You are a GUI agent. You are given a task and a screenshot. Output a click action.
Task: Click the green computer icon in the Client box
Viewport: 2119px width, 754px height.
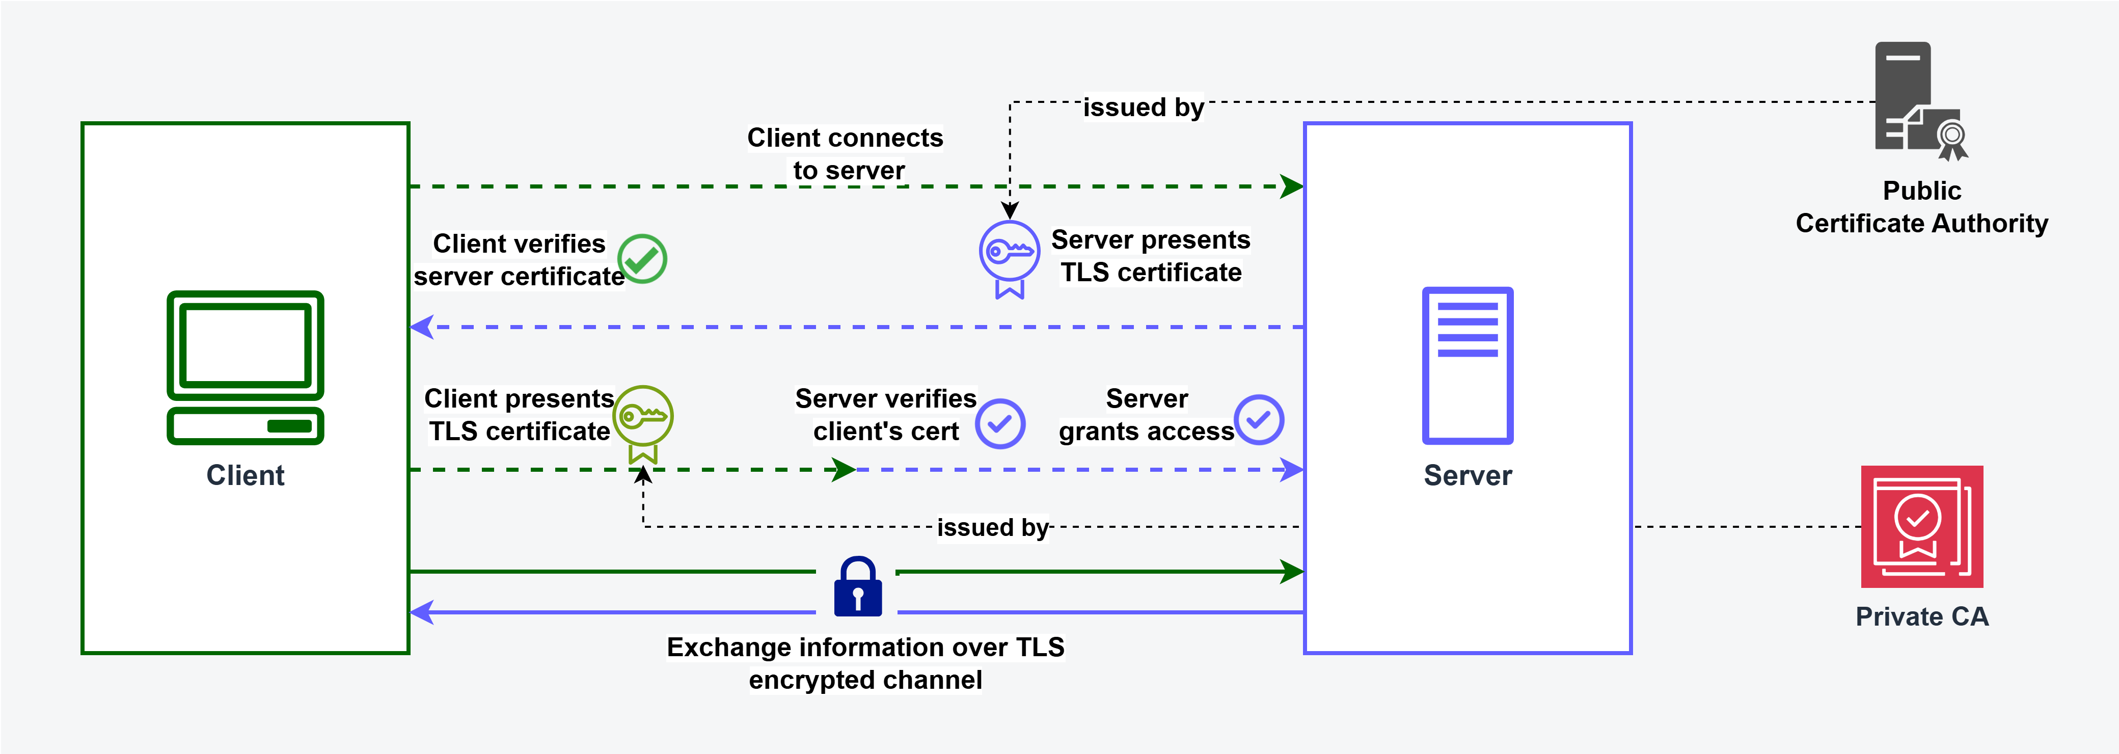tap(245, 367)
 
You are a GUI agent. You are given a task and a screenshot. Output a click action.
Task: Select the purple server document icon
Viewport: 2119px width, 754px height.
tap(1468, 365)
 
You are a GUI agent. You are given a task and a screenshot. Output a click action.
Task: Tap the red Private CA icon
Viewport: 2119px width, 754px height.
tap(1921, 527)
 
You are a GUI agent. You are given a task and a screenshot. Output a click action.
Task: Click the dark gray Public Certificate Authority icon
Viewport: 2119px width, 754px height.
tap(1917, 100)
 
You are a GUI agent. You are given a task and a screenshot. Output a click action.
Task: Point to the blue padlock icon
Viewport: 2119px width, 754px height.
tap(857, 588)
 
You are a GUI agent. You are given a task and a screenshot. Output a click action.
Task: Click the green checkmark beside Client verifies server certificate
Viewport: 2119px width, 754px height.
tap(642, 258)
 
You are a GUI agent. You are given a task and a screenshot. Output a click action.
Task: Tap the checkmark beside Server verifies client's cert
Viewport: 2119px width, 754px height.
tap(1000, 424)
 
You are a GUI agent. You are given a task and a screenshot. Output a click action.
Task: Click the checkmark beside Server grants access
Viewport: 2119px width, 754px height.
tap(1259, 420)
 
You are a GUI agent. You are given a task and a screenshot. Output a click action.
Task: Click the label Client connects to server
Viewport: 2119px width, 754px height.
tap(846, 154)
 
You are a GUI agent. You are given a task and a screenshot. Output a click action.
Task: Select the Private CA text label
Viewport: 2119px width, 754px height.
tap(1921, 616)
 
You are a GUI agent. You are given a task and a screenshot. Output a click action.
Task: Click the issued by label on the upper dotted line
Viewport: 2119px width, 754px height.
tap(1144, 107)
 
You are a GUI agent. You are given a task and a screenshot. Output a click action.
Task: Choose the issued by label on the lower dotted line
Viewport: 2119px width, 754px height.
tap(993, 527)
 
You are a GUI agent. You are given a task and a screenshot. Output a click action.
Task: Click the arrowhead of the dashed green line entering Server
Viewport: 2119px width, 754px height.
tap(1291, 187)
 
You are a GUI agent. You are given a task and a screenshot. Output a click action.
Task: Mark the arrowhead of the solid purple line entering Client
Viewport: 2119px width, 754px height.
tap(422, 612)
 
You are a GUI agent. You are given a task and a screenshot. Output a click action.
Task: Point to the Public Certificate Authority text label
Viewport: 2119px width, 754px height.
tap(1921, 207)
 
